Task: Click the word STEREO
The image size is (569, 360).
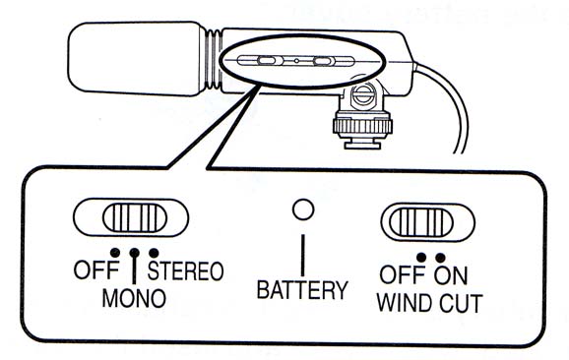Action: (x=185, y=270)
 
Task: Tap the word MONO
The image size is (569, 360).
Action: (x=134, y=298)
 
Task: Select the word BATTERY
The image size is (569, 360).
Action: (x=302, y=289)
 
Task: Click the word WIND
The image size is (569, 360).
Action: (x=406, y=303)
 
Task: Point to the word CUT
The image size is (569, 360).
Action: (x=461, y=304)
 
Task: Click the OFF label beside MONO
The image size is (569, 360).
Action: (x=96, y=270)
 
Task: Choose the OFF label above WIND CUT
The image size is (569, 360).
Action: (x=403, y=274)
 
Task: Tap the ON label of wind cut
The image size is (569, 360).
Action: (x=451, y=275)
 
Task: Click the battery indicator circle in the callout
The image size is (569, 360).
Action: (x=303, y=210)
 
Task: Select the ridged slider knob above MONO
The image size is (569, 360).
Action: (x=135, y=217)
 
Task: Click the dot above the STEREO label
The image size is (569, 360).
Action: (x=154, y=253)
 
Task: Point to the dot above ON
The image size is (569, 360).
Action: (x=441, y=258)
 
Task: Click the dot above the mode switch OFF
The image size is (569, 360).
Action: (x=115, y=252)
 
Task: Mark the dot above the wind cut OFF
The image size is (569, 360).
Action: (x=421, y=257)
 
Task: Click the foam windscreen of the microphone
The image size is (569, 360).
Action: (x=136, y=59)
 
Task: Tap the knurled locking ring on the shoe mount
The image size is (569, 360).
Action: (x=362, y=126)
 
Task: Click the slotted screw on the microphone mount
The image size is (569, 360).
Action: (x=362, y=95)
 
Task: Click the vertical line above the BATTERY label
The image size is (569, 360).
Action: (x=302, y=255)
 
